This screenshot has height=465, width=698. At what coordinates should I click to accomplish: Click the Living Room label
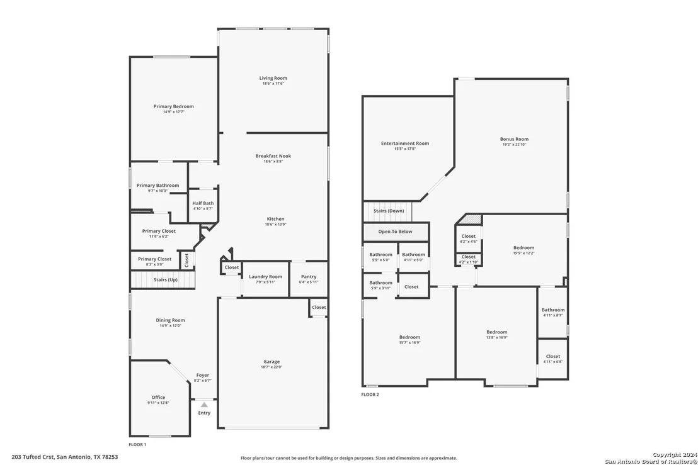tap(273, 78)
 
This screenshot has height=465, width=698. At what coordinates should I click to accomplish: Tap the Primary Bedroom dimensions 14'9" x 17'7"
tap(174, 112)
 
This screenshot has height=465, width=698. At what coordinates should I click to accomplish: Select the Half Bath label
tap(203, 203)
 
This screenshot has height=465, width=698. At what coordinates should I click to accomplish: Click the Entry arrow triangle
tap(204, 405)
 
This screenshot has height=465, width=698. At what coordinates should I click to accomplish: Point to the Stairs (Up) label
tap(166, 279)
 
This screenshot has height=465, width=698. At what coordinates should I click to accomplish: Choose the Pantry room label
tap(309, 276)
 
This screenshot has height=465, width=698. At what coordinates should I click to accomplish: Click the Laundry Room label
tap(265, 276)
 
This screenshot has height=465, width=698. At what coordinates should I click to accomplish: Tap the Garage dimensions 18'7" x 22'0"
tap(272, 367)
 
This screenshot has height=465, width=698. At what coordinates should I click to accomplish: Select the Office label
tap(158, 398)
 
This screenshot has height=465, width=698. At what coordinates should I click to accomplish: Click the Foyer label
tap(203, 375)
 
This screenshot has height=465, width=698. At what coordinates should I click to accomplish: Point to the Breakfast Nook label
tap(273, 156)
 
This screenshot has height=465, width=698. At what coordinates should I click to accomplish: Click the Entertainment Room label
tap(405, 143)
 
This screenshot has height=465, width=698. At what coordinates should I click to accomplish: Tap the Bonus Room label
tap(514, 139)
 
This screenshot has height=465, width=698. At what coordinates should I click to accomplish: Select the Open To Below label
tap(395, 232)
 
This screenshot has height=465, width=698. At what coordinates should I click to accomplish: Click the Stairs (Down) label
tap(389, 211)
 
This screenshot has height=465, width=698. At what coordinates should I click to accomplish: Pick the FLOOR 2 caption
tap(370, 395)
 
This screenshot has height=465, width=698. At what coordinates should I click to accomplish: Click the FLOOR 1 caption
tap(137, 445)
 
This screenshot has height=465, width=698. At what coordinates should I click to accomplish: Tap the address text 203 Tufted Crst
tap(33, 457)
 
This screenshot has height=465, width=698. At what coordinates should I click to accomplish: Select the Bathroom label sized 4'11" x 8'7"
tap(553, 310)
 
